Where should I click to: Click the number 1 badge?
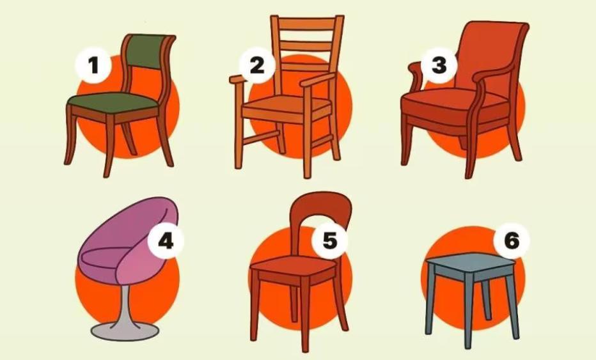(93, 66)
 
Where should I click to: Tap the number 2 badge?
(257, 66)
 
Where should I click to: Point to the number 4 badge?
(166, 242)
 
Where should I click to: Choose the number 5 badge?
(329, 241)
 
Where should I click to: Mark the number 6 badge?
(512, 241)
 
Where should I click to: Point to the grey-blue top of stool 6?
(469, 260)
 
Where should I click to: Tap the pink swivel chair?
(128, 256)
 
